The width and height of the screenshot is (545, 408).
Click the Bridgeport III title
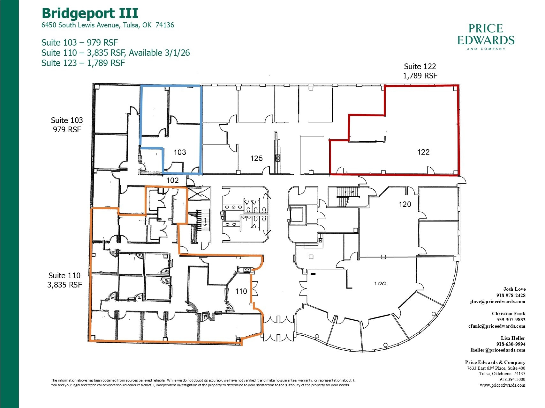[90, 13]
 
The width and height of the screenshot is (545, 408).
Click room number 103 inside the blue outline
[180, 152]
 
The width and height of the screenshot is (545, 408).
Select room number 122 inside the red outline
[423, 152]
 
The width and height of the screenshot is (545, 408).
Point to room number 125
[256, 158]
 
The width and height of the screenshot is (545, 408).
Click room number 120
[405, 204]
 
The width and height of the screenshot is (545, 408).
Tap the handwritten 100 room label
[380, 283]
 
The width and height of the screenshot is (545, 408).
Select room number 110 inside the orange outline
[241, 291]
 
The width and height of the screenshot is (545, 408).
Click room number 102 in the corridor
[172, 180]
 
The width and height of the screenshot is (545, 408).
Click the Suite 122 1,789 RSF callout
[420, 71]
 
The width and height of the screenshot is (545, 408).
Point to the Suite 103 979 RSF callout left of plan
[67, 125]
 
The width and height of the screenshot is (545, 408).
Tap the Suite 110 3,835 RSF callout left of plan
[64, 280]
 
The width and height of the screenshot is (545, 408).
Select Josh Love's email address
[497, 302]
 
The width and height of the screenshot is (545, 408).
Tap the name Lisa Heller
[513, 338]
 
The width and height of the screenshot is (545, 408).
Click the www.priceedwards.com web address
[502, 385]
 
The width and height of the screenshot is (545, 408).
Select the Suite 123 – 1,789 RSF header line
[83, 63]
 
